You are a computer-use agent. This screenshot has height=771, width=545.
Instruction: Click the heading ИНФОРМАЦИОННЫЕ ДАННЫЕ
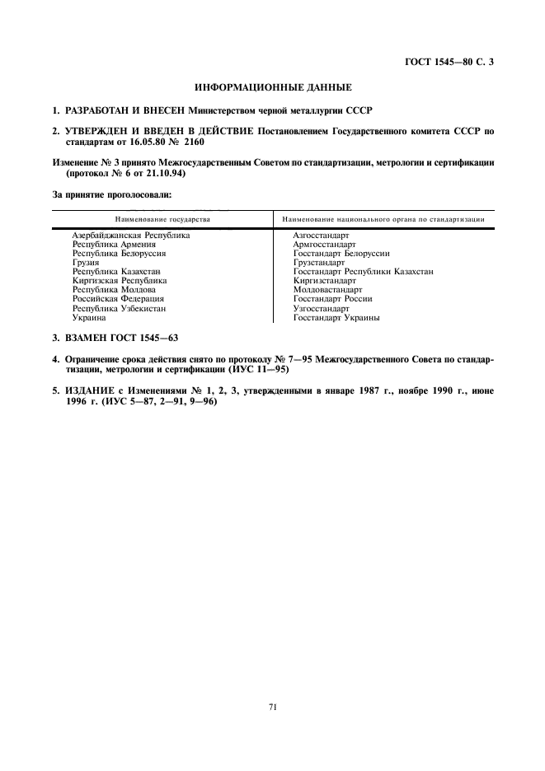(x=273, y=86)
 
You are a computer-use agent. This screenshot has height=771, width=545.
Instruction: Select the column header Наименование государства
(x=162, y=220)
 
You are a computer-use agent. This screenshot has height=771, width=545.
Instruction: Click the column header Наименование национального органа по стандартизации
(x=383, y=220)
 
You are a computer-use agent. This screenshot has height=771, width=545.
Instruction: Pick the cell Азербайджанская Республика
(x=131, y=235)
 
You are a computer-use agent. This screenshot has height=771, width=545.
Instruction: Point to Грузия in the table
(x=86, y=263)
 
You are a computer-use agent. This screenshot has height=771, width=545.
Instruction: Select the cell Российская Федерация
(x=118, y=299)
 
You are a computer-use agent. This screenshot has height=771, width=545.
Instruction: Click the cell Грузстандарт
(x=319, y=263)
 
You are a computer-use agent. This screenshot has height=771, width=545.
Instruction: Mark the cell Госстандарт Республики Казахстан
(x=363, y=272)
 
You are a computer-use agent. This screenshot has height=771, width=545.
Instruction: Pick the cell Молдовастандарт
(x=327, y=290)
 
